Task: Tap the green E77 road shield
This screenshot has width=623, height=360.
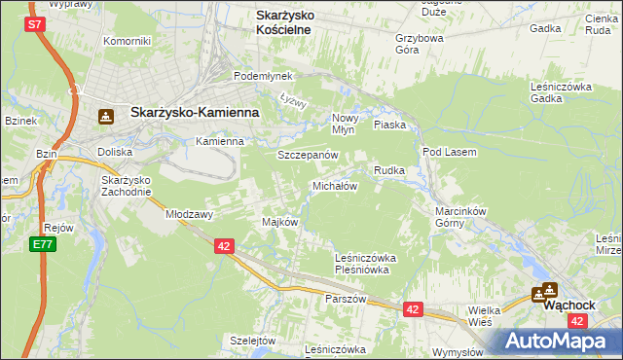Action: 42,244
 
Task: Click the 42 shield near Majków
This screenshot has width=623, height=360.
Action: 224,247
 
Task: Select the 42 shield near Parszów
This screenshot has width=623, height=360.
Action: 413,309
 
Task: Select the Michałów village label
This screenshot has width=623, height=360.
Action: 335,185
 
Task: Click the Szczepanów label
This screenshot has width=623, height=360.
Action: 307,156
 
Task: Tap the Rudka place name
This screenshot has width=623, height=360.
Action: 389,170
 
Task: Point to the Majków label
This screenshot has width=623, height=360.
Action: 279,222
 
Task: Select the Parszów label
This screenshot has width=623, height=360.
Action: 346,299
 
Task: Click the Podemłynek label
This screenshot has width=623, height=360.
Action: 256,76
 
